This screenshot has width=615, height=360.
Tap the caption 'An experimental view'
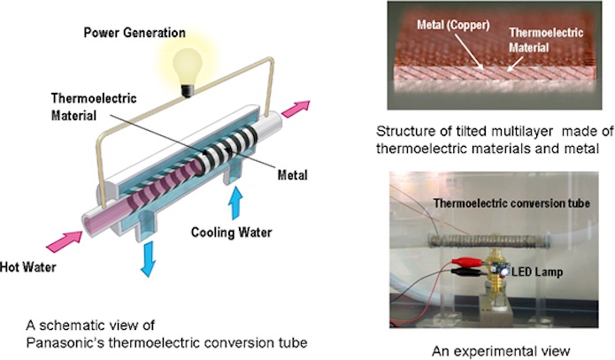coord(488,348)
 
